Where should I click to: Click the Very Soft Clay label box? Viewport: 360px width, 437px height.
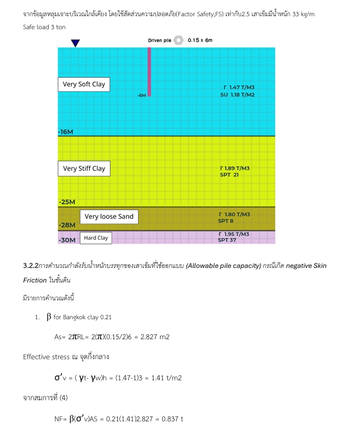(x=84, y=84)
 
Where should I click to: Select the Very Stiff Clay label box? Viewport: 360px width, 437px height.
(x=84, y=169)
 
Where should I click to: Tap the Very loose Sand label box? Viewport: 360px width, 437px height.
(x=109, y=217)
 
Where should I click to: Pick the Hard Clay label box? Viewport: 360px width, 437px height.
(x=96, y=238)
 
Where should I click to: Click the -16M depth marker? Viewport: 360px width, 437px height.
(x=65, y=132)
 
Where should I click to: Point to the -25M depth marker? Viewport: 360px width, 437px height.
(x=67, y=202)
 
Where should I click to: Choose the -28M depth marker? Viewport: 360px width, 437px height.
(x=66, y=225)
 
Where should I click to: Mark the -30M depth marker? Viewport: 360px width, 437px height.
(x=66, y=240)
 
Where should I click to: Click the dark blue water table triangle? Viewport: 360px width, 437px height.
(x=75, y=43)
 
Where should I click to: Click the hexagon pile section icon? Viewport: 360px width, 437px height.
(x=179, y=41)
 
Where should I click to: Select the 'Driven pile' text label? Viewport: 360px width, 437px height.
(x=159, y=41)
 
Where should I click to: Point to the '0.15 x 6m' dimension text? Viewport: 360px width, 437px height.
(x=200, y=41)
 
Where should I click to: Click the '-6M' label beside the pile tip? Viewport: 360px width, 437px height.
(x=142, y=95)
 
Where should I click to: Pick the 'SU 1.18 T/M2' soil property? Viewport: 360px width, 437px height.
(x=238, y=95)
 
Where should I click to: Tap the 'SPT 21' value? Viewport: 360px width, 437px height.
(x=229, y=175)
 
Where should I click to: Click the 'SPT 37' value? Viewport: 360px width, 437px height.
(x=227, y=240)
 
